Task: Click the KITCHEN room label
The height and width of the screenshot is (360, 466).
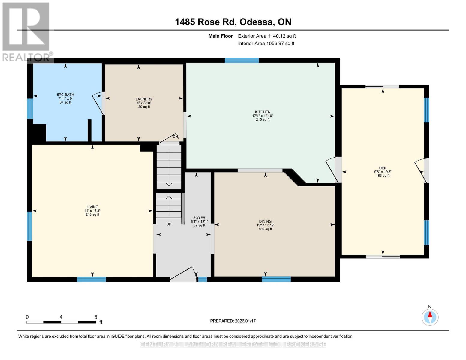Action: [263, 112]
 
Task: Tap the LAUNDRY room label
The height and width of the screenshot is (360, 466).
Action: [144, 99]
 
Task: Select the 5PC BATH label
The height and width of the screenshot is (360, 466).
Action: [65, 94]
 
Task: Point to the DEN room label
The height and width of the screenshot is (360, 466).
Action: [383, 168]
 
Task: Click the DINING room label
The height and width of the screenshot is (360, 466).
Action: [265, 221]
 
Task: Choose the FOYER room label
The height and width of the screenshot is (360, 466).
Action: [199, 218]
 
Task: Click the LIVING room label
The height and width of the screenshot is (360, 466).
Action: [92, 207]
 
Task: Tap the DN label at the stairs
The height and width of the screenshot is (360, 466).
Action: [175, 136]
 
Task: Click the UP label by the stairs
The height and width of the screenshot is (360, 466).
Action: [169, 224]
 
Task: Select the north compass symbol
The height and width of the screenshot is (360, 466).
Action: [430, 317]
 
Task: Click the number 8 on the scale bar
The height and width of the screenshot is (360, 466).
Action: [96, 317]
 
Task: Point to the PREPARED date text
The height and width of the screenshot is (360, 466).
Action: [233, 321]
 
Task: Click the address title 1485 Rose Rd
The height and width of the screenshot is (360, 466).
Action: [233, 22]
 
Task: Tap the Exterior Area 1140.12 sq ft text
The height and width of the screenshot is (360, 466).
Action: [267, 36]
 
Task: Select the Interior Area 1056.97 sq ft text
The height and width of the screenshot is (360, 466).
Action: [266, 43]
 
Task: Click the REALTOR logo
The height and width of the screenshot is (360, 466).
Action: [26, 31]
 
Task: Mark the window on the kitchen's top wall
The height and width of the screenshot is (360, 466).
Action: [242, 60]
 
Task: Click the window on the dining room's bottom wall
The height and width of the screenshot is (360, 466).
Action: [276, 279]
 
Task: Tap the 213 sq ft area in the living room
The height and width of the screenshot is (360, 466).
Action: [92, 214]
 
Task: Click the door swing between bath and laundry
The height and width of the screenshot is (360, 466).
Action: [98, 103]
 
